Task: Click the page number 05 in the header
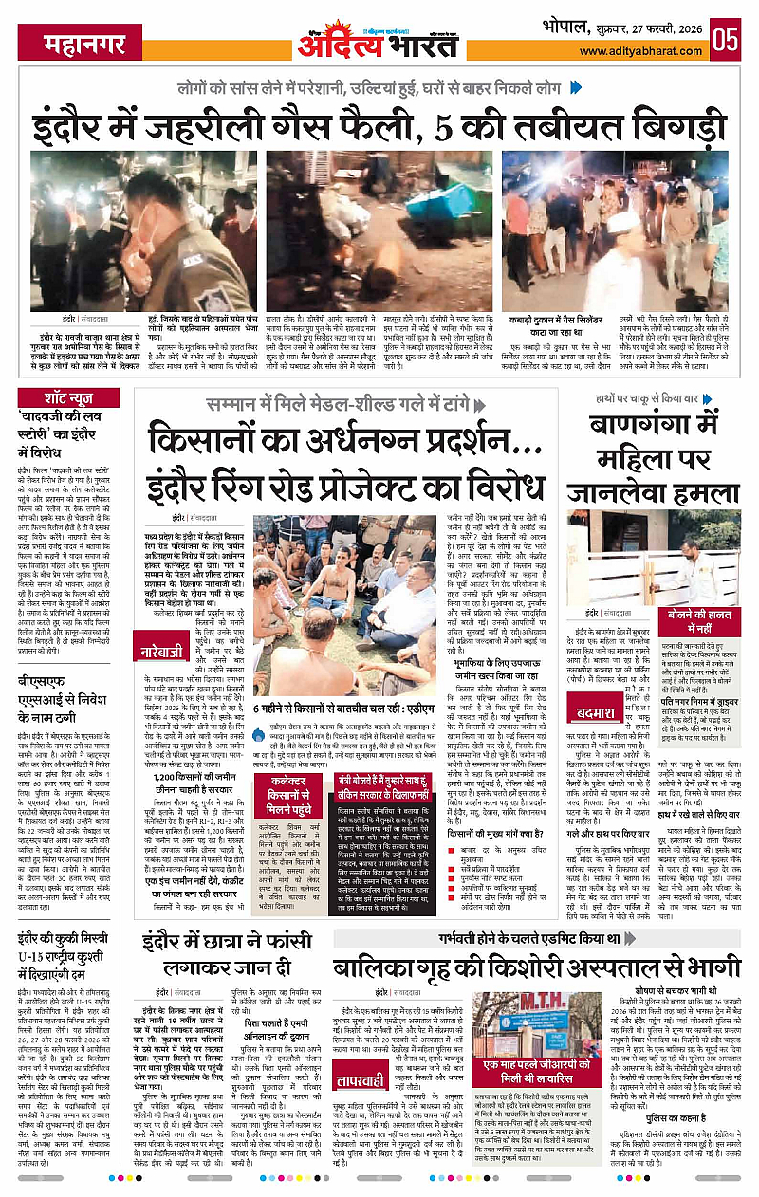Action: coord(726,40)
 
